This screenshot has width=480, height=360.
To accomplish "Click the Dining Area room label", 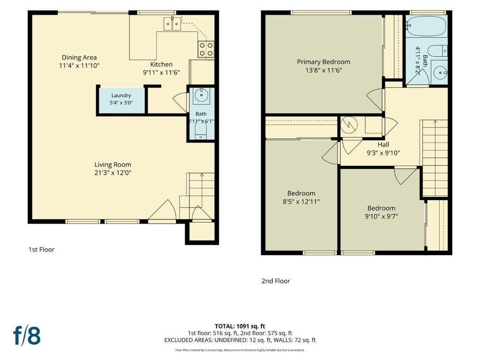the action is tap(79, 57).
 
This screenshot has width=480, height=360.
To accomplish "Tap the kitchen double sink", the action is tap(172, 24).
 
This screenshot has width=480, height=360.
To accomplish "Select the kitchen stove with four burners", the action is tap(206, 49).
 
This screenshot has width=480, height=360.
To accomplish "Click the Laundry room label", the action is tap(121, 96).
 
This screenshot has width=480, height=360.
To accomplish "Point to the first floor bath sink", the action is tap(201, 95).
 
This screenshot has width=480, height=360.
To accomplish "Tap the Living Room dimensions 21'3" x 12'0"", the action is tap(112, 172).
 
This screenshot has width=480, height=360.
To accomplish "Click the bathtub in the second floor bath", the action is tap(427, 26).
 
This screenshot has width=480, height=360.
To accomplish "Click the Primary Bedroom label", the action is tap(323, 62).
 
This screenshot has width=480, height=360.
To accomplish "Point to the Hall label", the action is tap(383, 144).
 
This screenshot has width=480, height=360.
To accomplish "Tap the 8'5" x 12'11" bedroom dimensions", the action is tap(301, 202).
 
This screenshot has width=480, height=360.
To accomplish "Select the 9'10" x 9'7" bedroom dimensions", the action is tap(381, 217).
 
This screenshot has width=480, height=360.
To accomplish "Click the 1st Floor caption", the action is tap(41, 249).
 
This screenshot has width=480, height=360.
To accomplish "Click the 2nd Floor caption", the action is tap(276, 281).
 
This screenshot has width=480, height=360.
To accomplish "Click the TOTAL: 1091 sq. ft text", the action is tap(240, 326).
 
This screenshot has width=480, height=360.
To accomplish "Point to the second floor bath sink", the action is tap(440, 73).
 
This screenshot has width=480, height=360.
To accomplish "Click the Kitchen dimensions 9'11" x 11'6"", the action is tap(161, 73).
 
